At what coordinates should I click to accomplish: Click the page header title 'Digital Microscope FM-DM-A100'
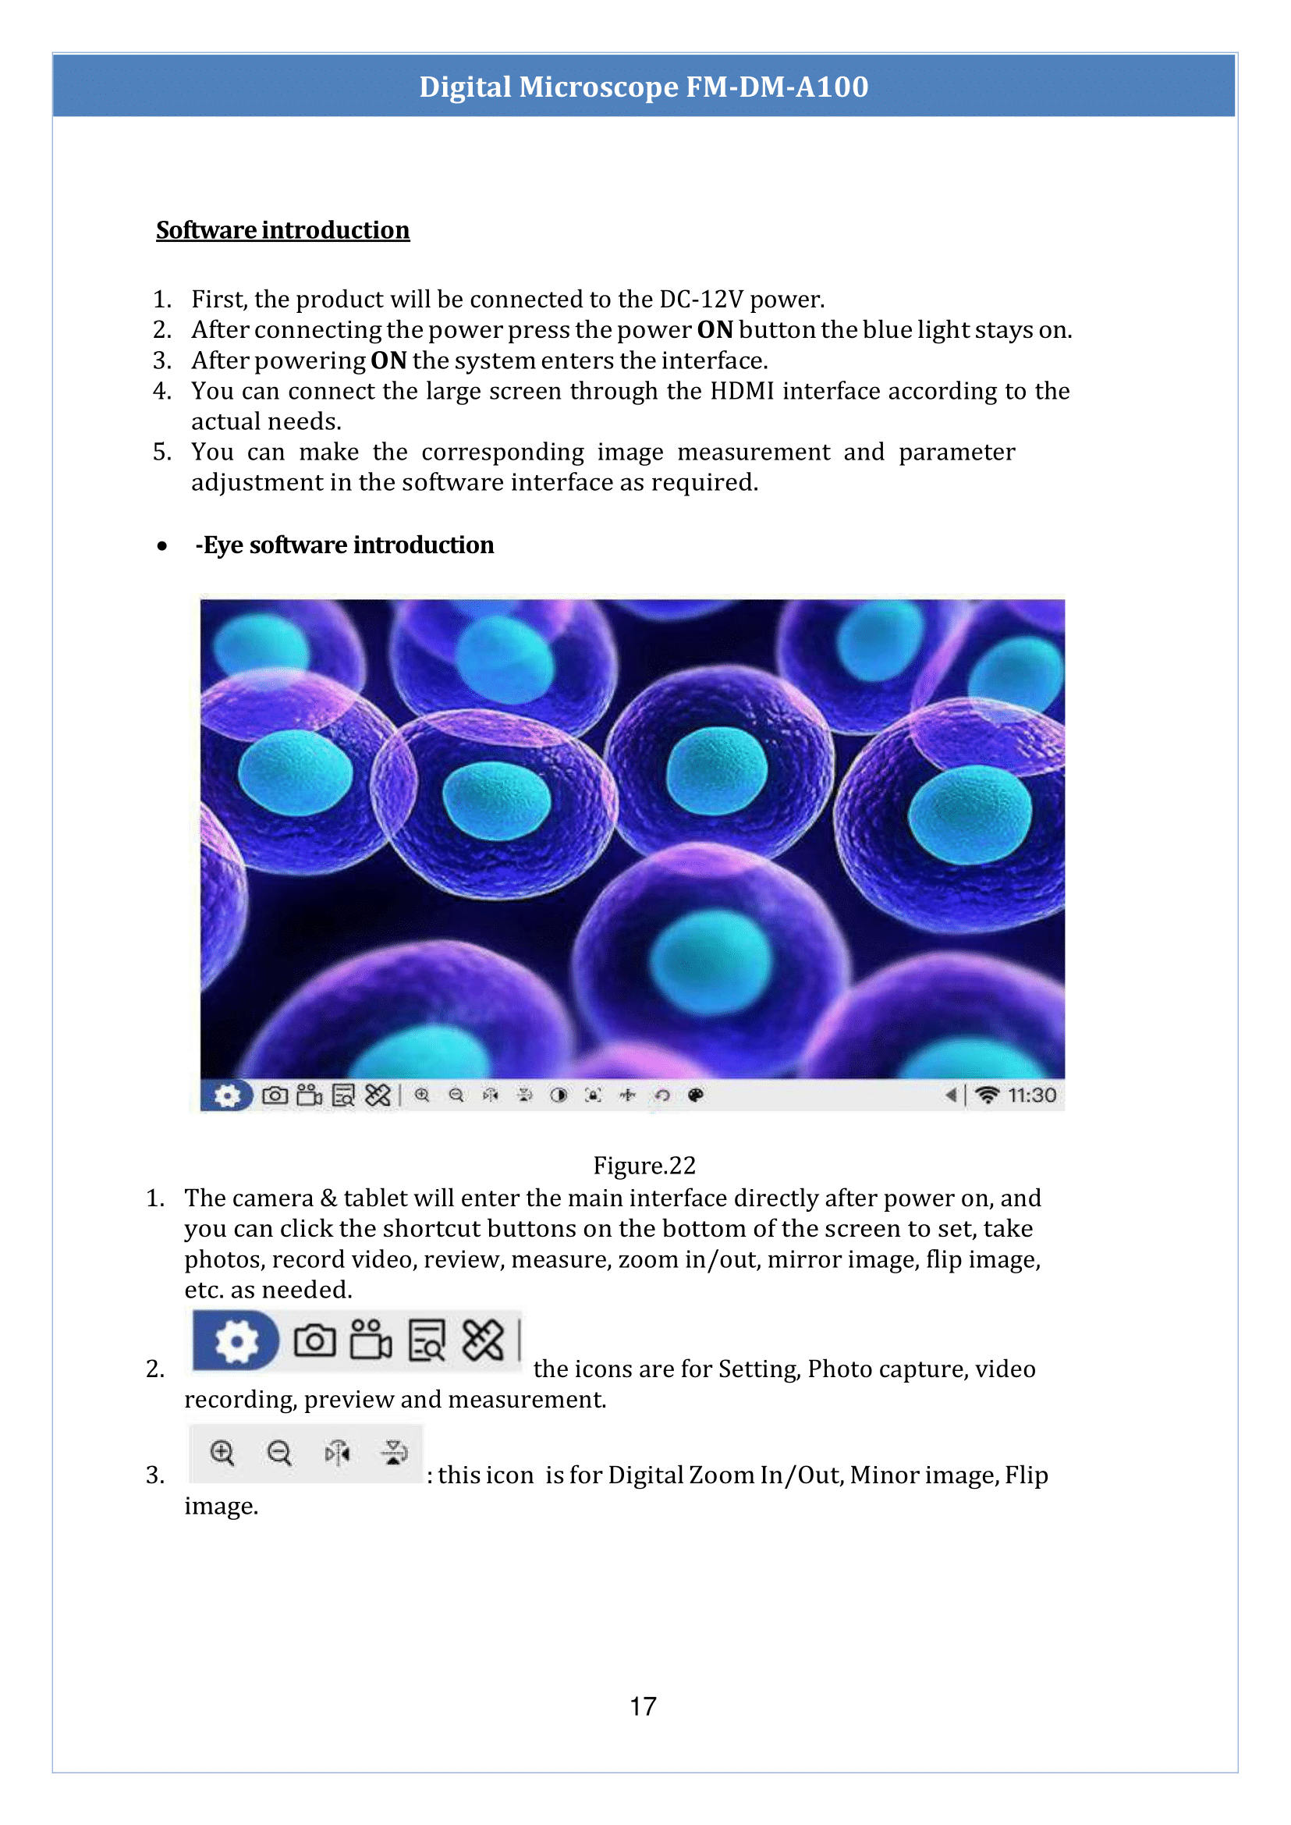pyautogui.click(x=644, y=87)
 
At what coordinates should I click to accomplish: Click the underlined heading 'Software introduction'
pyautogui.click(x=282, y=230)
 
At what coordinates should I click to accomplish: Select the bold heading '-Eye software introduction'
pyautogui.click(x=344, y=545)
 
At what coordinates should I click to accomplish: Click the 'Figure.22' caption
pyautogui.click(x=644, y=1165)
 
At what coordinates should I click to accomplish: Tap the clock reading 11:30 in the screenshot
pyautogui.click(x=1032, y=1095)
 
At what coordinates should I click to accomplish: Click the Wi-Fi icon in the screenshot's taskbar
pyautogui.click(x=987, y=1095)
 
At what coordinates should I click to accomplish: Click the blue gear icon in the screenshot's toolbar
pyautogui.click(x=226, y=1095)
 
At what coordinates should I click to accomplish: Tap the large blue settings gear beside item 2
pyautogui.click(x=236, y=1340)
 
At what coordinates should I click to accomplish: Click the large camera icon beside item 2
pyautogui.click(x=315, y=1340)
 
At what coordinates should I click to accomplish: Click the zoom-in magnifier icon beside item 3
pyautogui.click(x=222, y=1453)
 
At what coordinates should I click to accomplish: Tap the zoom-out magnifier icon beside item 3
pyautogui.click(x=279, y=1454)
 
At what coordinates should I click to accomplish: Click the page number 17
pyautogui.click(x=643, y=1706)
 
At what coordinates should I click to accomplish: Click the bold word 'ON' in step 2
pyautogui.click(x=714, y=330)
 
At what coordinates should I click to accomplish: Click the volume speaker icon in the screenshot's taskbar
pyautogui.click(x=950, y=1095)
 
